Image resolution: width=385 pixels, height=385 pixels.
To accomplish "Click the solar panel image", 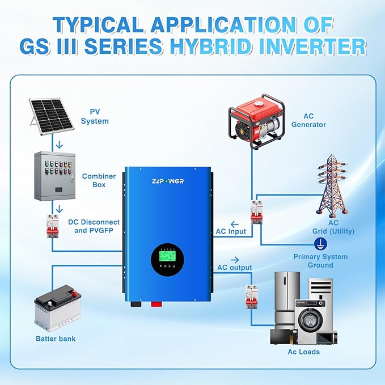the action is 52,116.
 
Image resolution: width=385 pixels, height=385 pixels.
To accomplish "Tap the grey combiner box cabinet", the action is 55,176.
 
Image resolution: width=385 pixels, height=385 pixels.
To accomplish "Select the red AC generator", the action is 257,121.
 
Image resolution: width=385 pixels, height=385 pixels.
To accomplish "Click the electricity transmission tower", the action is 332,185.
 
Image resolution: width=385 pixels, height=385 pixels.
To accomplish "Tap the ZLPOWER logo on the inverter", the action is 168,181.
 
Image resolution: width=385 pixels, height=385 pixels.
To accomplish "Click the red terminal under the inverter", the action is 156,304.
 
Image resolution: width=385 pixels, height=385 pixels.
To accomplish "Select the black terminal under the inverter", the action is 136,304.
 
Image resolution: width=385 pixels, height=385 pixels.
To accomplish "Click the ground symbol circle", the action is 320,244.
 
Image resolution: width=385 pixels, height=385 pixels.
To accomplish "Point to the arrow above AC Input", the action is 235,224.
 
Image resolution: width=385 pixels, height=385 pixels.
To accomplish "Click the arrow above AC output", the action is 235,260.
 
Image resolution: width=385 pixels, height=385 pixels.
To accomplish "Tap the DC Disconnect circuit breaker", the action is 53,226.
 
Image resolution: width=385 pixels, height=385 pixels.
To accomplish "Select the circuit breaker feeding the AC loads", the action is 251,297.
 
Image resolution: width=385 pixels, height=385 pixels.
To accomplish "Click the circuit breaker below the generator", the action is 257,212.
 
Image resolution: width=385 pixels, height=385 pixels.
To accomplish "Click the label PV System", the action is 95,116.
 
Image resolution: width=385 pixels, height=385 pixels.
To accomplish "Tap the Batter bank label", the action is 56,339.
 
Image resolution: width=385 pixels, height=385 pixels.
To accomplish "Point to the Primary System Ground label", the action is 320,261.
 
